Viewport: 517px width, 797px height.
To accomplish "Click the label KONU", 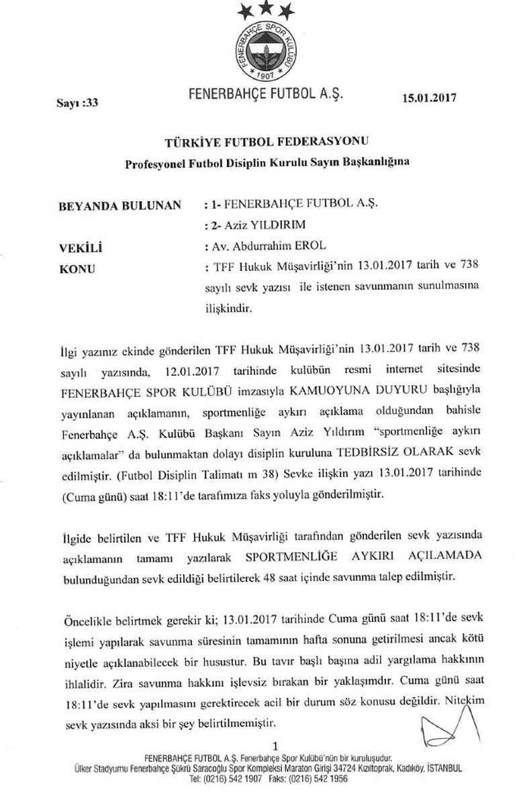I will (x=78, y=270).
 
